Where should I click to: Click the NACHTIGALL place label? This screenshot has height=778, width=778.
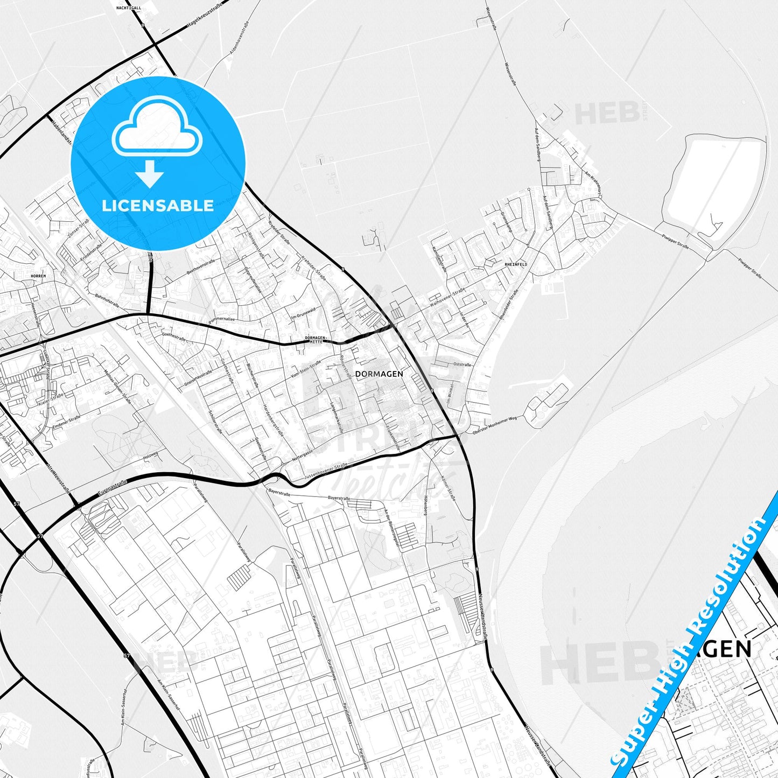coord(128,8)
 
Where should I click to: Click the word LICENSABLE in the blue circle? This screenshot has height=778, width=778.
coord(158,206)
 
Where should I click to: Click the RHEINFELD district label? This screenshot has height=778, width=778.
coord(516,264)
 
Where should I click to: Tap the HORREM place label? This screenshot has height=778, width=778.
coord(39,276)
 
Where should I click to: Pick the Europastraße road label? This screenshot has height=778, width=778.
coord(113,488)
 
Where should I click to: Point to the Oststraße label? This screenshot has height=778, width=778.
coord(462,365)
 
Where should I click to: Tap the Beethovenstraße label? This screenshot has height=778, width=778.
coord(201,267)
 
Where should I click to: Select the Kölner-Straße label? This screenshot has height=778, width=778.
coord(448,488)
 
